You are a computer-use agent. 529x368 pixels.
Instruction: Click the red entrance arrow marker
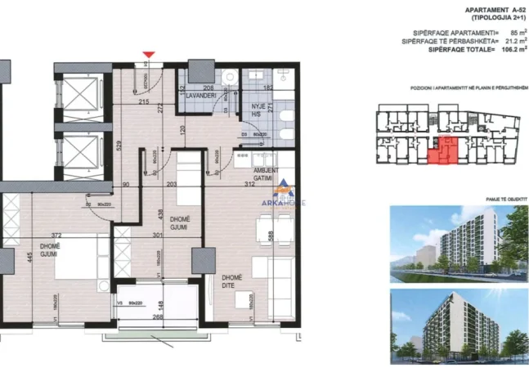click(148, 56)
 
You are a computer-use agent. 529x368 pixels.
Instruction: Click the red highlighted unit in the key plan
click(442, 151)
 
